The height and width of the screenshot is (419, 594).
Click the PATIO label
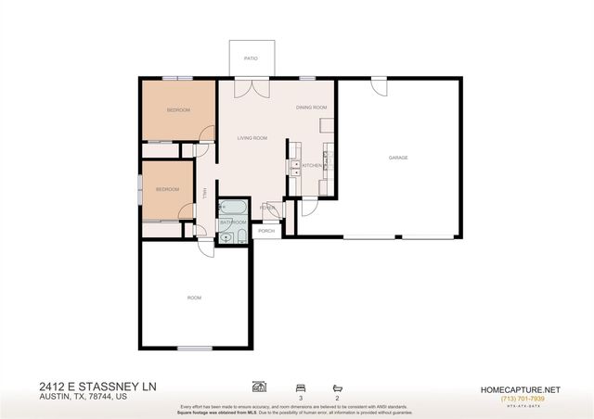tap(251, 57)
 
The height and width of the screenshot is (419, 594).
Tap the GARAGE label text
tap(398, 158)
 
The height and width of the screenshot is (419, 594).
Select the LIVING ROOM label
tap(252, 138)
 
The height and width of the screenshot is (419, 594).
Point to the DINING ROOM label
tap(312, 108)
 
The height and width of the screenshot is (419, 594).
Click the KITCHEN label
tap(312, 165)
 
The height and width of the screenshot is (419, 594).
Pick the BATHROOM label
tap(233, 222)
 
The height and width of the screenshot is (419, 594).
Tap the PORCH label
tap(266, 230)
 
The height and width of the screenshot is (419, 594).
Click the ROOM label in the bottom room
tap(194, 298)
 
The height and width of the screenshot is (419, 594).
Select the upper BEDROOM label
tap(178, 110)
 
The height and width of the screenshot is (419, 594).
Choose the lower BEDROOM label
tap(167, 189)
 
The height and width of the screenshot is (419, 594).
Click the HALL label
tap(204, 194)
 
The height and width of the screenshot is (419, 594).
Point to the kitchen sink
tap(295, 167)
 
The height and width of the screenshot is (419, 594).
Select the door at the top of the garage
tap(378, 86)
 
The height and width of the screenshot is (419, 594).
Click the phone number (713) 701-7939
tap(525, 399)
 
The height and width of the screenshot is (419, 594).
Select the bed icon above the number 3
tap(300, 386)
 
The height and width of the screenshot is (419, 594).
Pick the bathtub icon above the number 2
tap(336, 386)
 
